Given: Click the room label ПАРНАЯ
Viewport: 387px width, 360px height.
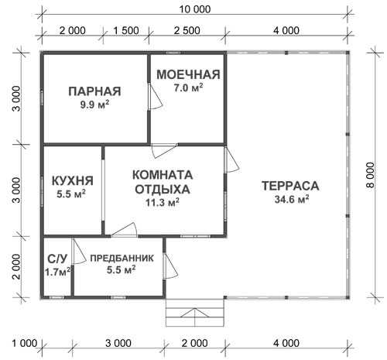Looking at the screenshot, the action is (x=94, y=91).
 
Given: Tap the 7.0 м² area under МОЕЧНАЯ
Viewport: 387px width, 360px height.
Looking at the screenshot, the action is (x=188, y=87).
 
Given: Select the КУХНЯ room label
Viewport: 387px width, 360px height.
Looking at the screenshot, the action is (x=73, y=180).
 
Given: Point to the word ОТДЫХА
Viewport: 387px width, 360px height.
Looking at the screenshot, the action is (x=163, y=189).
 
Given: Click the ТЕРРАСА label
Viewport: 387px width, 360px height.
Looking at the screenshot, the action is (x=290, y=186).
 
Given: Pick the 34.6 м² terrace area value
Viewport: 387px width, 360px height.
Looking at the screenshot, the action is (x=292, y=199).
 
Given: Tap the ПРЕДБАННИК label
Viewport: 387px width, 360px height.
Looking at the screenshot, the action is (x=122, y=258).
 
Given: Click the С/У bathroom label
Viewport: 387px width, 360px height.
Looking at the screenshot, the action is (x=57, y=259).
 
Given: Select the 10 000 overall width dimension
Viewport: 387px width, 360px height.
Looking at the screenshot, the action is (x=195, y=9).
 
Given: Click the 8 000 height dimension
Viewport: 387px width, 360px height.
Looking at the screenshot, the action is (x=370, y=175).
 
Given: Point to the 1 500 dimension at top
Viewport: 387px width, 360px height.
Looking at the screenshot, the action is (x=126, y=30).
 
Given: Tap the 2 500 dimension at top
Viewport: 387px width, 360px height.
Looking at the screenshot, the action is (x=187, y=30).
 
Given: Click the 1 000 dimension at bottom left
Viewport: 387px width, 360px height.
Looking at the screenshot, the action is (x=25, y=343).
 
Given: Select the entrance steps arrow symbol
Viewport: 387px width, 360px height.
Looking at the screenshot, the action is (x=195, y=313).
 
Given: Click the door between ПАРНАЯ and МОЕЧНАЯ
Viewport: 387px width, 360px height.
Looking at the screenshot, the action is (x=155, y=97).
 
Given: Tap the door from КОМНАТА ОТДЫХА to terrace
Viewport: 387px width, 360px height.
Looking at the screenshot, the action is (x=231, y=160).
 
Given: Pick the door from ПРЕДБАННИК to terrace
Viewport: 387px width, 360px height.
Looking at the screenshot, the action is (x=170, y=266).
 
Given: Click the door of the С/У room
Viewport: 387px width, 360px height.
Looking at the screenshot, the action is (x=78, y=252).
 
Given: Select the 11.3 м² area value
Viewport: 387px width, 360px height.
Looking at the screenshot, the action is (x=163, y=203).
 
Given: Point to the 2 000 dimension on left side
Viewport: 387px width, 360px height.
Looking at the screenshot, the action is (x=16, y=267).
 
